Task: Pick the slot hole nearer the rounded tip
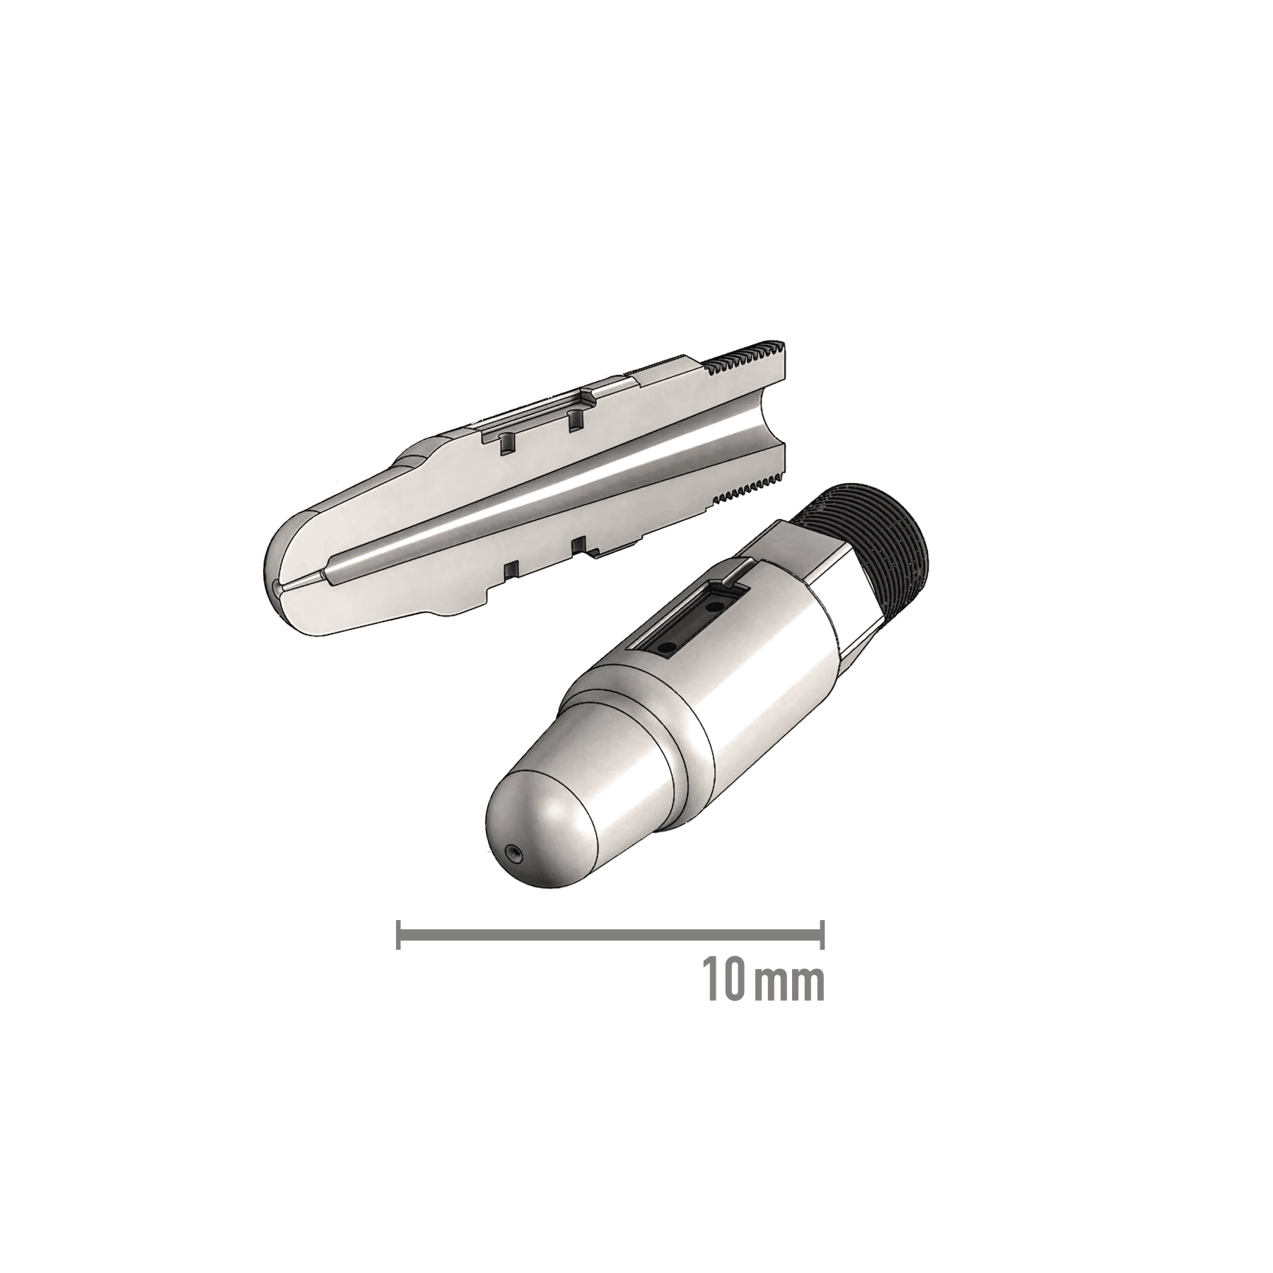[x=666, y=646]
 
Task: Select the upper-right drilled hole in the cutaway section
[x=574, y=422]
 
